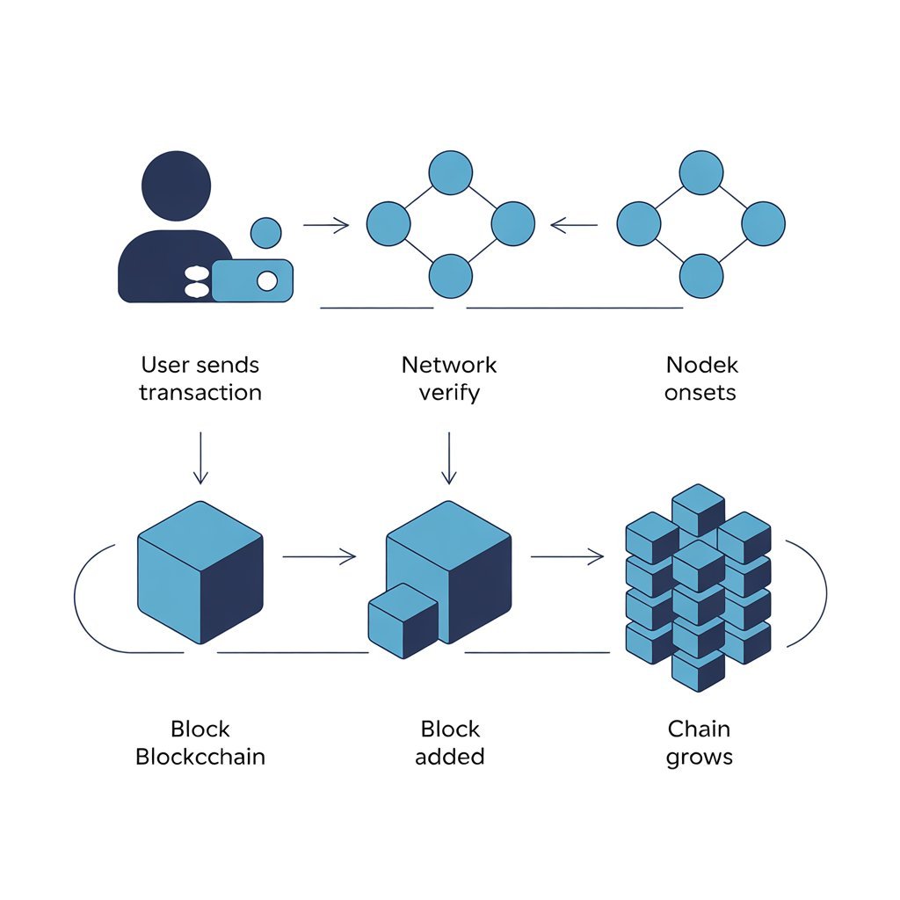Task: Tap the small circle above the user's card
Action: point(265,233)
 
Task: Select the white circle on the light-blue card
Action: point(265,281)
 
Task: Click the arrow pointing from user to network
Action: point(325,226)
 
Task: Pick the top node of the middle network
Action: point(450,172)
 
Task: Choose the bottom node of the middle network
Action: point(450,274)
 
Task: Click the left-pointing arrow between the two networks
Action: point(574,226)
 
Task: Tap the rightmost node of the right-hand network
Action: point(763,223)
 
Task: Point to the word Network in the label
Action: point(449,365)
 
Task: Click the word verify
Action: point(449,392)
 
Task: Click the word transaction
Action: point(200,392)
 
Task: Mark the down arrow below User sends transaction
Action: point(200,457)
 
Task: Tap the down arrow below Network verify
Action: point(449,457)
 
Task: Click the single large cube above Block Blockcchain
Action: point(200,571)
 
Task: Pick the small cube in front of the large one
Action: point(403,621)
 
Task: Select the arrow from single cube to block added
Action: point(319,555)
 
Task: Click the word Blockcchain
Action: point(200,757)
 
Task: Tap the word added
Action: point(449,757)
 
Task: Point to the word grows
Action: point(700,757)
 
